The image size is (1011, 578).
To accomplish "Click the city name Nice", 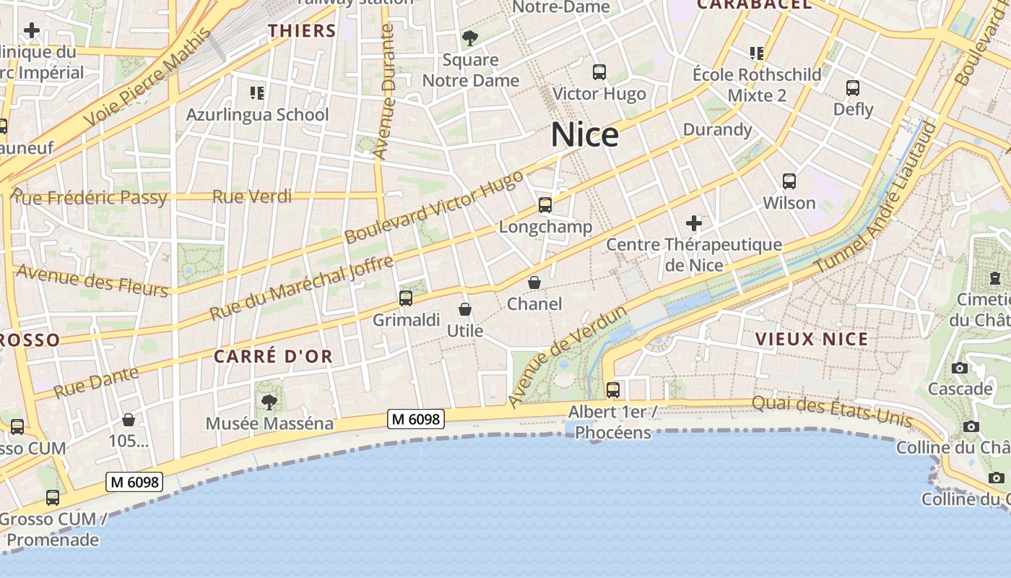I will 584,135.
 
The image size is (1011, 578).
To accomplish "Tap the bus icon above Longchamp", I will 545,206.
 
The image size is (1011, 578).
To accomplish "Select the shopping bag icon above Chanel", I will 534,282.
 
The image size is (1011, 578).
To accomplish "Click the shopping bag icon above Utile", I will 464,309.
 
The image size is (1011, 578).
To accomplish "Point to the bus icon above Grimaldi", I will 406,298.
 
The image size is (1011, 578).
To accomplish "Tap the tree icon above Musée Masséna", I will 269,402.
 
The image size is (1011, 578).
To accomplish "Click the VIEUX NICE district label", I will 812,339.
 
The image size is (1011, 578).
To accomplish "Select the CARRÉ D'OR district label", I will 273,356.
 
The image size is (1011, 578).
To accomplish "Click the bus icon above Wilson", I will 789,181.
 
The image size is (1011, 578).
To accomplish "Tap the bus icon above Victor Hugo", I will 599,72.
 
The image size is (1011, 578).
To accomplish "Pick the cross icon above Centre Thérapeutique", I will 694,223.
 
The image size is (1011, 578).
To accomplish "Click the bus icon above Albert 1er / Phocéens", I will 613,390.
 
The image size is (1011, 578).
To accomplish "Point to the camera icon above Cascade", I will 960,368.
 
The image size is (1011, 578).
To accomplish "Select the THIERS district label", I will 302,31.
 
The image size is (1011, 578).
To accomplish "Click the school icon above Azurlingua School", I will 257,93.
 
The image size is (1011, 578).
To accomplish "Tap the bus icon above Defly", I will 853,88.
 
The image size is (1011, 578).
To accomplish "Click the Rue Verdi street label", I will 252,197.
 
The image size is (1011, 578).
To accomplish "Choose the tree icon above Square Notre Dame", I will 470,38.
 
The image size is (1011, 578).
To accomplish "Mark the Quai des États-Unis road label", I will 832,412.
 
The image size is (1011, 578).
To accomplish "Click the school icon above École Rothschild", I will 757,53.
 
